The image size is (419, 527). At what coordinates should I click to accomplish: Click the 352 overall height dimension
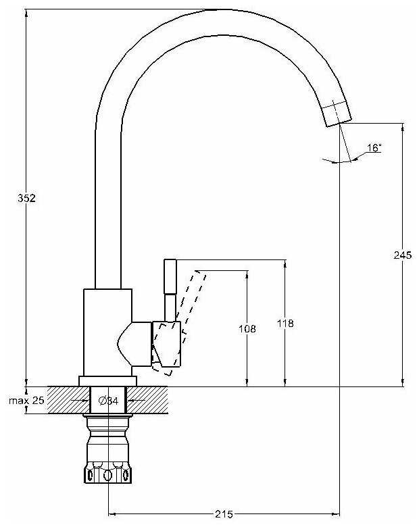point(26,198)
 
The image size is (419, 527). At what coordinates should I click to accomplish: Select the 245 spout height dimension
point(403,255)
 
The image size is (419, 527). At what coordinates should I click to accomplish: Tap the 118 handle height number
point(285,324)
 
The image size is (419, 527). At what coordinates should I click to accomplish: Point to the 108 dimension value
point(247,328)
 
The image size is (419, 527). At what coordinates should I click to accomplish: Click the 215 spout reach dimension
point(224,514)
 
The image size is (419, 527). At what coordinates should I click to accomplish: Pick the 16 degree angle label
point(374,147)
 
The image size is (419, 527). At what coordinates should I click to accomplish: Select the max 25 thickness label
point(26,400)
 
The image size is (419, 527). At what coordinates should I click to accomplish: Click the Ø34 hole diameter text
point(108,401)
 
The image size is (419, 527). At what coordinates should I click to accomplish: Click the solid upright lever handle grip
point(170,276)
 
